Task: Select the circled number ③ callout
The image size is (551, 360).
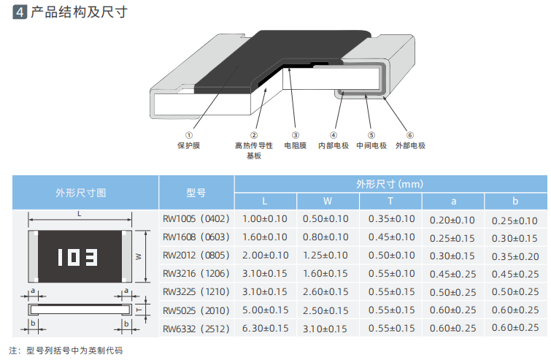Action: coord(296,135)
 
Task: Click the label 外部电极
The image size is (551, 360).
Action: coord(410,145)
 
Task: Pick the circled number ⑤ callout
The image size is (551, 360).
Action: coord(371,135)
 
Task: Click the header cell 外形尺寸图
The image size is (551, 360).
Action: coord(81,193)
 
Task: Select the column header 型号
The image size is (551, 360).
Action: coord(196,193)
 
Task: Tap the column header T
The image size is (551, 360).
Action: coord(390,202)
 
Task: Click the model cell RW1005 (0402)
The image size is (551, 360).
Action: coord(196,219)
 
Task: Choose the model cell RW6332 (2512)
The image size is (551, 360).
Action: coord(196,328)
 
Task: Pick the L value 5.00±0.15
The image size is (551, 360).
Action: coord(265,310)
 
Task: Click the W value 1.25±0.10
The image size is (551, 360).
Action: coord(328,256)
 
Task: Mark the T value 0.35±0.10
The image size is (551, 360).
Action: coord(390,219)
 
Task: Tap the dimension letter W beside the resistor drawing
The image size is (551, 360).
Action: coord(138,256)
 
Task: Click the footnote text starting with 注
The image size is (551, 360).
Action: coord(66,351)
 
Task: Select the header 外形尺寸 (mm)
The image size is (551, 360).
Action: coord(390,183)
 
